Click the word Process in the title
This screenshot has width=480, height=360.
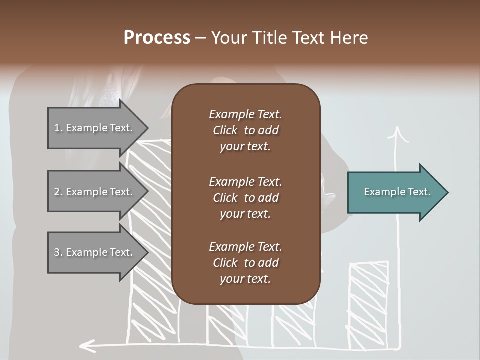[x=157, y=38]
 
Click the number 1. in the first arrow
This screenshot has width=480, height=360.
[x=58, y=128]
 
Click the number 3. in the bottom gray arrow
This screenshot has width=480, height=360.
[x=58, y=252]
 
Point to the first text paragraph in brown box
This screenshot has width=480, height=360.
[x=245, y=130]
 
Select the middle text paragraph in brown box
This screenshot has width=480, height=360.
[x=245, y=197]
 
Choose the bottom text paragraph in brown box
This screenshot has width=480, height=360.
[x=245, y=262]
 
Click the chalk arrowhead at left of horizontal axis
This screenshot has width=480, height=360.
[x=87, y=345]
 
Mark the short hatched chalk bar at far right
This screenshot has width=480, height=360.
[x=369, y=300]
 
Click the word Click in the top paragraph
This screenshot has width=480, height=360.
[x=225, y=130]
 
